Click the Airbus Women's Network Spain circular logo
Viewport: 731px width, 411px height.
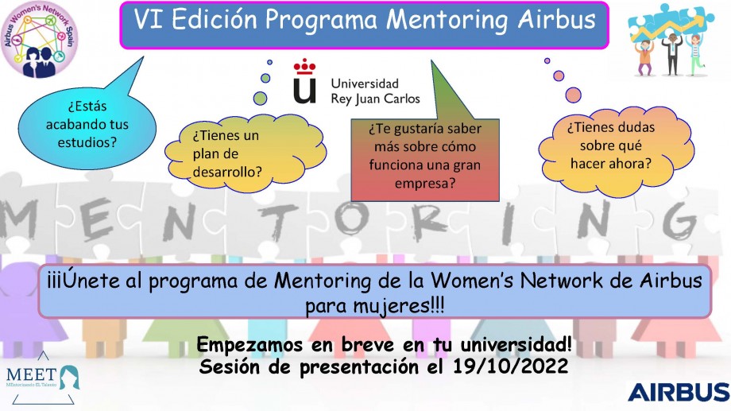pyautogui.click(x=39, y=39)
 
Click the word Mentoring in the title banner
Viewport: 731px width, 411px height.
pyautogui.click(x=447, y=20)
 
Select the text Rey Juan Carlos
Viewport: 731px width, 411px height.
pyautogui.click(x=375, y=99)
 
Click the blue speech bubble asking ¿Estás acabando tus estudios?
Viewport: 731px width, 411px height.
pyautogui.click(x=87, y=124)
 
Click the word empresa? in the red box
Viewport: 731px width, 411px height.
pyautogui.click(x=425, y=184)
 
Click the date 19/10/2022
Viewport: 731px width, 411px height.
pyautogui.click(x=510, y=366)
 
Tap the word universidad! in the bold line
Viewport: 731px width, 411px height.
pyautogui.click(x=516, y=345)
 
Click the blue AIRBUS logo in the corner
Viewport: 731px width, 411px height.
pyautogui.click(x=679, y=392)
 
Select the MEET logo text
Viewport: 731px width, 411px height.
pyautogui.click(x=32, y=374)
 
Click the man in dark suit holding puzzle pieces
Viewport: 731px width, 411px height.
pyautogui.click(x=671, y=54)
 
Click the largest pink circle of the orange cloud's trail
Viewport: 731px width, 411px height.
pyautogui.click(x=573, y=95)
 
